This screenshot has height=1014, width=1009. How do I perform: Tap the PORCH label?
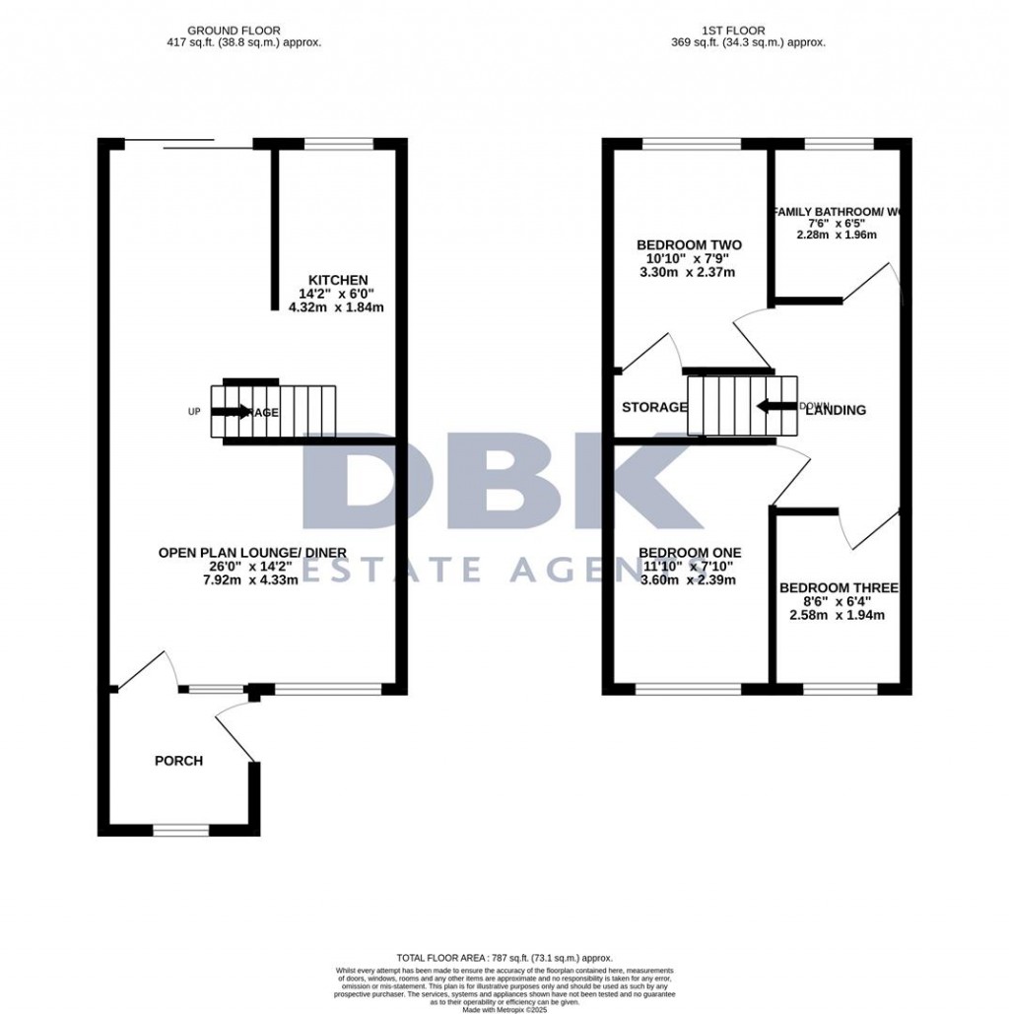click(x=179, y=761)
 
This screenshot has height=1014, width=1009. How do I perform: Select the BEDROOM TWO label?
click(x=689, y=245)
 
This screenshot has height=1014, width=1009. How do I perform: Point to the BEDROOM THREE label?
click(x=839, y=588)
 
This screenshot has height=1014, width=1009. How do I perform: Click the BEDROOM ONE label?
click(x=690, y=553)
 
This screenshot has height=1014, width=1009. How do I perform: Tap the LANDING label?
click(x=836, y=410)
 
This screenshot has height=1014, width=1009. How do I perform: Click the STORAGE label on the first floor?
click(x=654, y=407)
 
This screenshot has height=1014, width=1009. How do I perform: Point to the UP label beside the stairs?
click(x=195, y=411)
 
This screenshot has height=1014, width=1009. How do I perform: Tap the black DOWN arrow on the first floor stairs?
click(x=774, y=405)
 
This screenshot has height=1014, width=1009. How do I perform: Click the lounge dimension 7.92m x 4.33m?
click(x=252, y=580)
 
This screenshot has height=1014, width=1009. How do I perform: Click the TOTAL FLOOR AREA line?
click(x=504, y=958)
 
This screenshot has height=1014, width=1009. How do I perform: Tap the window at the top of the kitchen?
click(x=339, y=144)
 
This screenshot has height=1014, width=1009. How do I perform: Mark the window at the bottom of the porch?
click(x=180, y=829)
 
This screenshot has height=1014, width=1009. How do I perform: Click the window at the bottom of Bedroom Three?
click(x=839, y=688)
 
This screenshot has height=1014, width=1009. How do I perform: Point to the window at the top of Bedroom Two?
click(x=691, y=144)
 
